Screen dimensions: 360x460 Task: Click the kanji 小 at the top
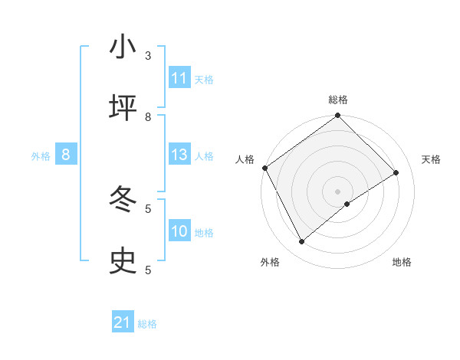point(123,47)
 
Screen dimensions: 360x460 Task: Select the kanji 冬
point(123,200)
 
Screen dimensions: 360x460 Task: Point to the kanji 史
point(123,261)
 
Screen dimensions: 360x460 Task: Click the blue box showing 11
point(179,78)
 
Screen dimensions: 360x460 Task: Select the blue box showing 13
point(179,155)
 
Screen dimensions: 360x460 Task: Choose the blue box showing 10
point(179,231)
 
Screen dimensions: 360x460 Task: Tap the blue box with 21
point(123,323)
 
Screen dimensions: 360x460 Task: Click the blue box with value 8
point(66,155)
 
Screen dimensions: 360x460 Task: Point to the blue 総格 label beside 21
point(147,324)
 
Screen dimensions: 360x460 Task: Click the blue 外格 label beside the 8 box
point(41,156)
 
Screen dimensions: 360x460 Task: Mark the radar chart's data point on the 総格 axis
point(337,116)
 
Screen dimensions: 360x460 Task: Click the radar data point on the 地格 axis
point(347,204)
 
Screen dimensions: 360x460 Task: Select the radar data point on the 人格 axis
point(264,168)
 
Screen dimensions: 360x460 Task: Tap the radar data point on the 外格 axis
point(302,241)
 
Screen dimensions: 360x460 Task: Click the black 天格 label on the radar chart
point(432,159)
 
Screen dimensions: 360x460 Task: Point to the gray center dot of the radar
point(337,191)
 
